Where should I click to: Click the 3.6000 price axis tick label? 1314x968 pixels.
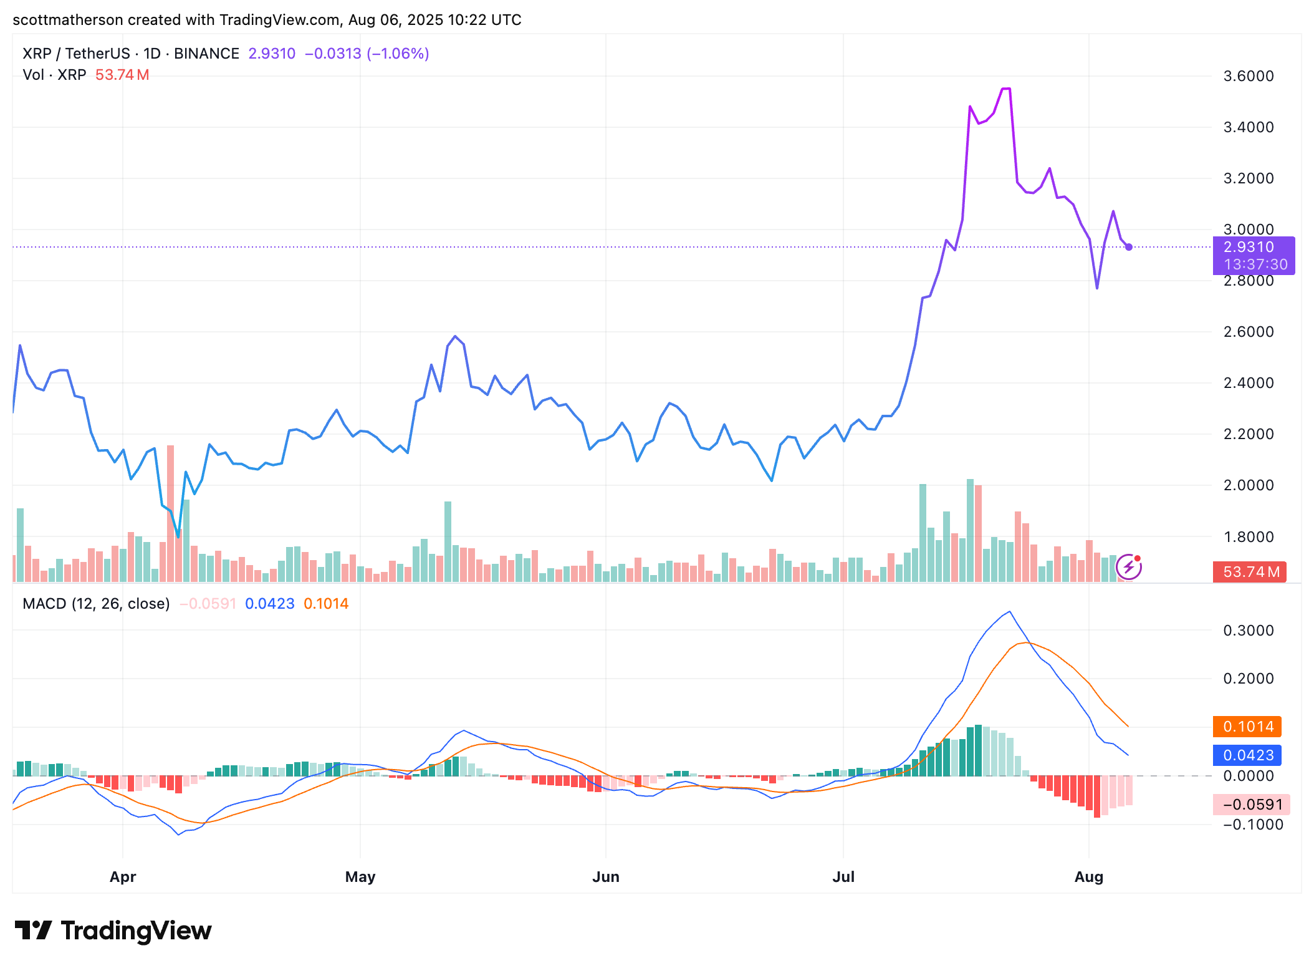click(1248, 76)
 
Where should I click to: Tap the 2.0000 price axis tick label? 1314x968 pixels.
click(1248, 485)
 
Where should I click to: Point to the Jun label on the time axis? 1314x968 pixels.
click(605, 877)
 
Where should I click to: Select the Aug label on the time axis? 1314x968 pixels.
click(1088, 877)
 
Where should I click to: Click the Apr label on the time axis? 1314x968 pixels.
click(123, 877)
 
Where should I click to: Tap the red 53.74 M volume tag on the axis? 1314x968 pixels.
click(1249, 572)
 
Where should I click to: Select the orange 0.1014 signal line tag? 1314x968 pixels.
click(1247, 727)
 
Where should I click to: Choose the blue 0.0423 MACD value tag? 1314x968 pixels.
click(1247, 755)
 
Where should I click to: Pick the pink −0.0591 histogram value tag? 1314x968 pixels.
click(1250, 805)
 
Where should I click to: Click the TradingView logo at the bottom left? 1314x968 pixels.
click(113, 931)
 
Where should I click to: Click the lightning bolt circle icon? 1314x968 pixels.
click(1128, 567)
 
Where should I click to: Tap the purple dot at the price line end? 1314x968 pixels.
click(1129, 247)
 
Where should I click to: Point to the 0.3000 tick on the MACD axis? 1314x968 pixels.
click(1248, 631)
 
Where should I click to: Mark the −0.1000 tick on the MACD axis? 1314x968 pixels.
click(1248, 825)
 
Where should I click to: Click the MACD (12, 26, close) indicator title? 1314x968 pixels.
click(96, 604)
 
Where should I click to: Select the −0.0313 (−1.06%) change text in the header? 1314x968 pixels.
click(367, 54)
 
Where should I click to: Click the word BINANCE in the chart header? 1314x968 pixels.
click(206, 54)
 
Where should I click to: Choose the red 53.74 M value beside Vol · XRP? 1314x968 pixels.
click(122, 75)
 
